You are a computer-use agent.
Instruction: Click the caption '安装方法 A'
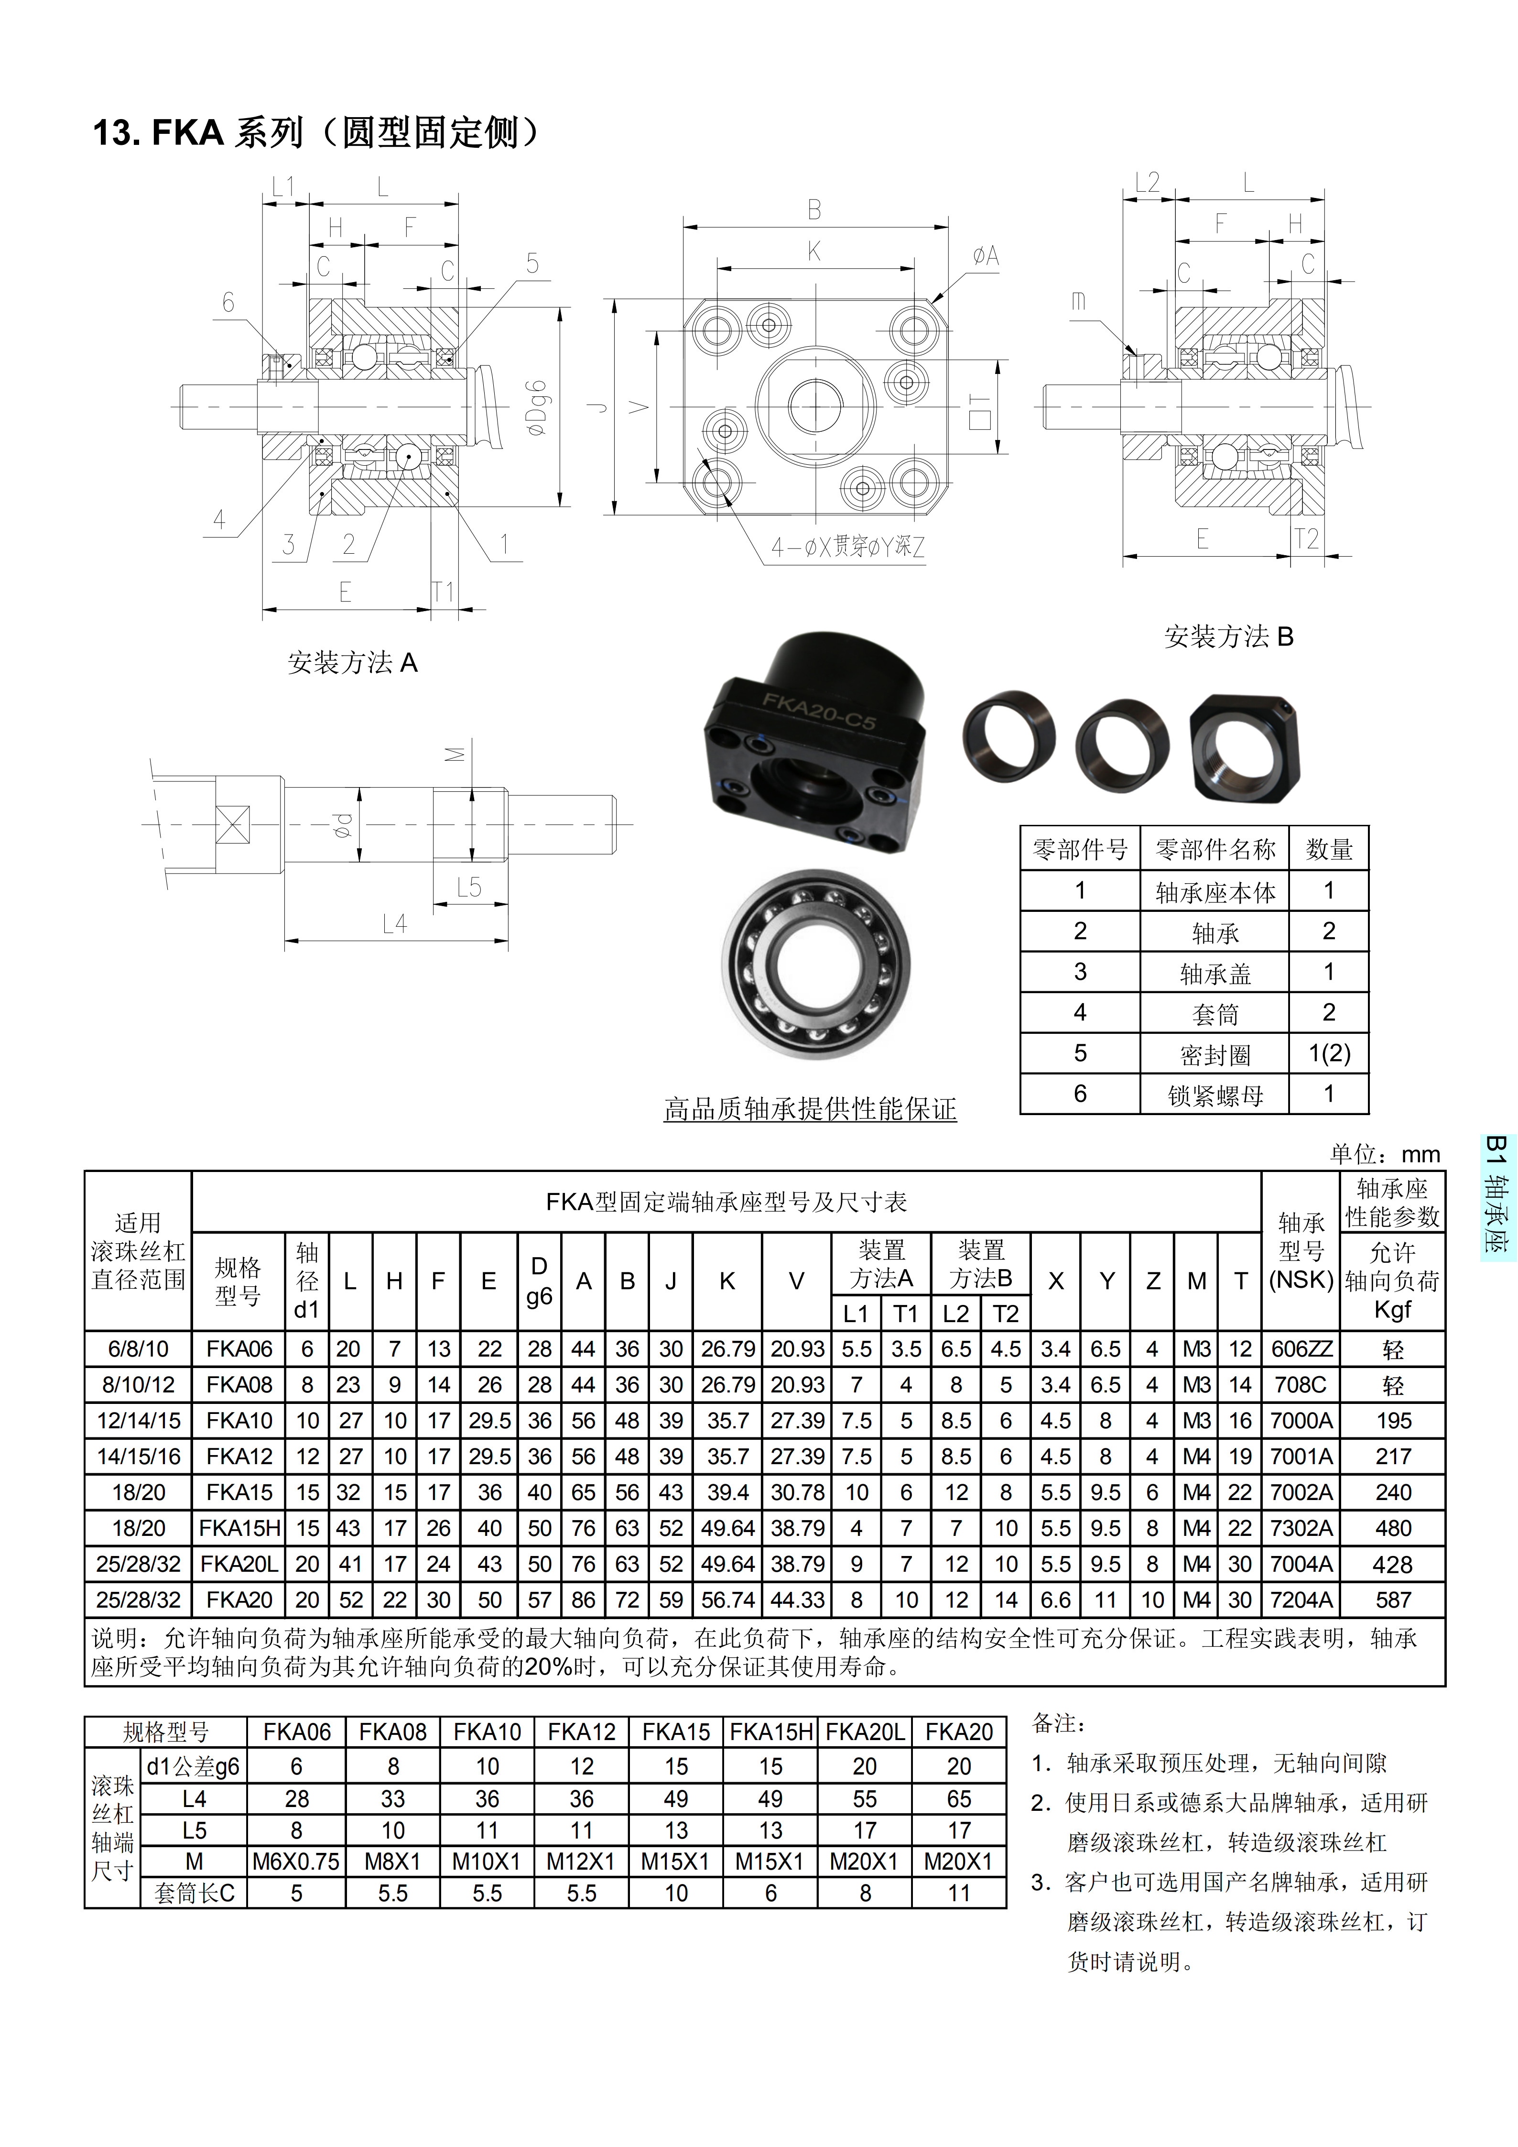coord(352,663)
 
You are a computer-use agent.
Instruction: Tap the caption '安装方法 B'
coord(1228,637)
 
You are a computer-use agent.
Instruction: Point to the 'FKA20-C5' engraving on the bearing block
coord(819,711)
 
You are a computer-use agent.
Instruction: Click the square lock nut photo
coord(1244,747)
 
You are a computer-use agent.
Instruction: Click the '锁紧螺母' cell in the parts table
coord(1215,1095)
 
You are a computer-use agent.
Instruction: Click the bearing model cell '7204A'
coord(1301,1600)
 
